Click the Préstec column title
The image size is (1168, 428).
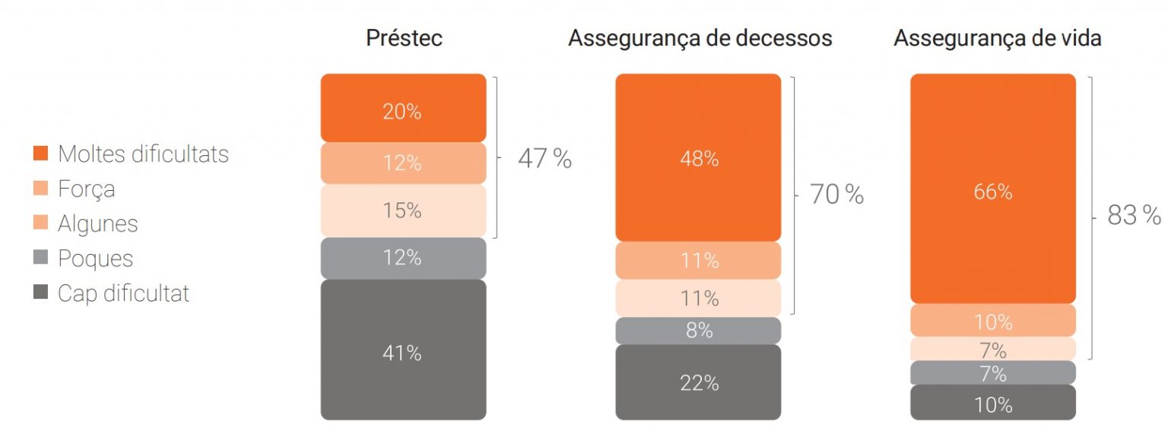404,39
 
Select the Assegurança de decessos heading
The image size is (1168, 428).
700,39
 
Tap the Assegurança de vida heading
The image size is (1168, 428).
997,39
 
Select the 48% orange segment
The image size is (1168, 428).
698,158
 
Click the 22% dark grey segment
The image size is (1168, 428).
698,382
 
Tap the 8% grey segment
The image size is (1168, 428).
698,331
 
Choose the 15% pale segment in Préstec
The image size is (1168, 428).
403,211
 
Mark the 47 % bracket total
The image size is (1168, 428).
544,158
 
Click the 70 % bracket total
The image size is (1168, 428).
836,195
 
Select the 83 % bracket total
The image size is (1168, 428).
1134,216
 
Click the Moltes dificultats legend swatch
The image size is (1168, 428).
42,154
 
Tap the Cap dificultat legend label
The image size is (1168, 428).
123,293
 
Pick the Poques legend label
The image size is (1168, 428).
95,258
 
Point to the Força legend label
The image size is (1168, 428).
86,189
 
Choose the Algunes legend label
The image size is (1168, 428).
97,224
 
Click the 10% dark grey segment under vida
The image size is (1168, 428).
993,403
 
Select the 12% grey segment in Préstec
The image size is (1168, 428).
403,258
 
